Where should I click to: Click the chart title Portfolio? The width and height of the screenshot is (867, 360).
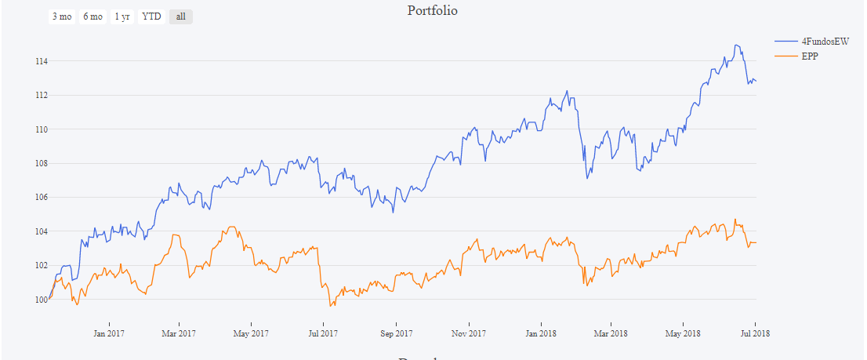pos(432,11)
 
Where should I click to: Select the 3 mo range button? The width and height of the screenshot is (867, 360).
pos(62,16)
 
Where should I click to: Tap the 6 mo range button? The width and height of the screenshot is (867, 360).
pos(93,16)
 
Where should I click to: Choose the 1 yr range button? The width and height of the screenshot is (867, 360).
pos(122,16)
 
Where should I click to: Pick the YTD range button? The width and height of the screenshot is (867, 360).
pos(151,16)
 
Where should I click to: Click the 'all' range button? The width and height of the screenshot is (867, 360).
pos(180,16)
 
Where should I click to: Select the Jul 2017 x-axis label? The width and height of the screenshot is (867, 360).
pos(323,333)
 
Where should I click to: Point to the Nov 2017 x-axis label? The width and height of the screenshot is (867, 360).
pos(468,333)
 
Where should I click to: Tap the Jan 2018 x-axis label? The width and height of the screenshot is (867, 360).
pos(540,333)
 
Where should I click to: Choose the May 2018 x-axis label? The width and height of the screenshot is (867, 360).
pos(683,333)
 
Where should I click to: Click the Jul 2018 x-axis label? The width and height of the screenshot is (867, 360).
pos(755,333)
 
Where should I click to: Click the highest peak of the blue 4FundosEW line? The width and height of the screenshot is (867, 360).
pos(735,45)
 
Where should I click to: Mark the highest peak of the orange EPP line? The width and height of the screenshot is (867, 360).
pos(735,220)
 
